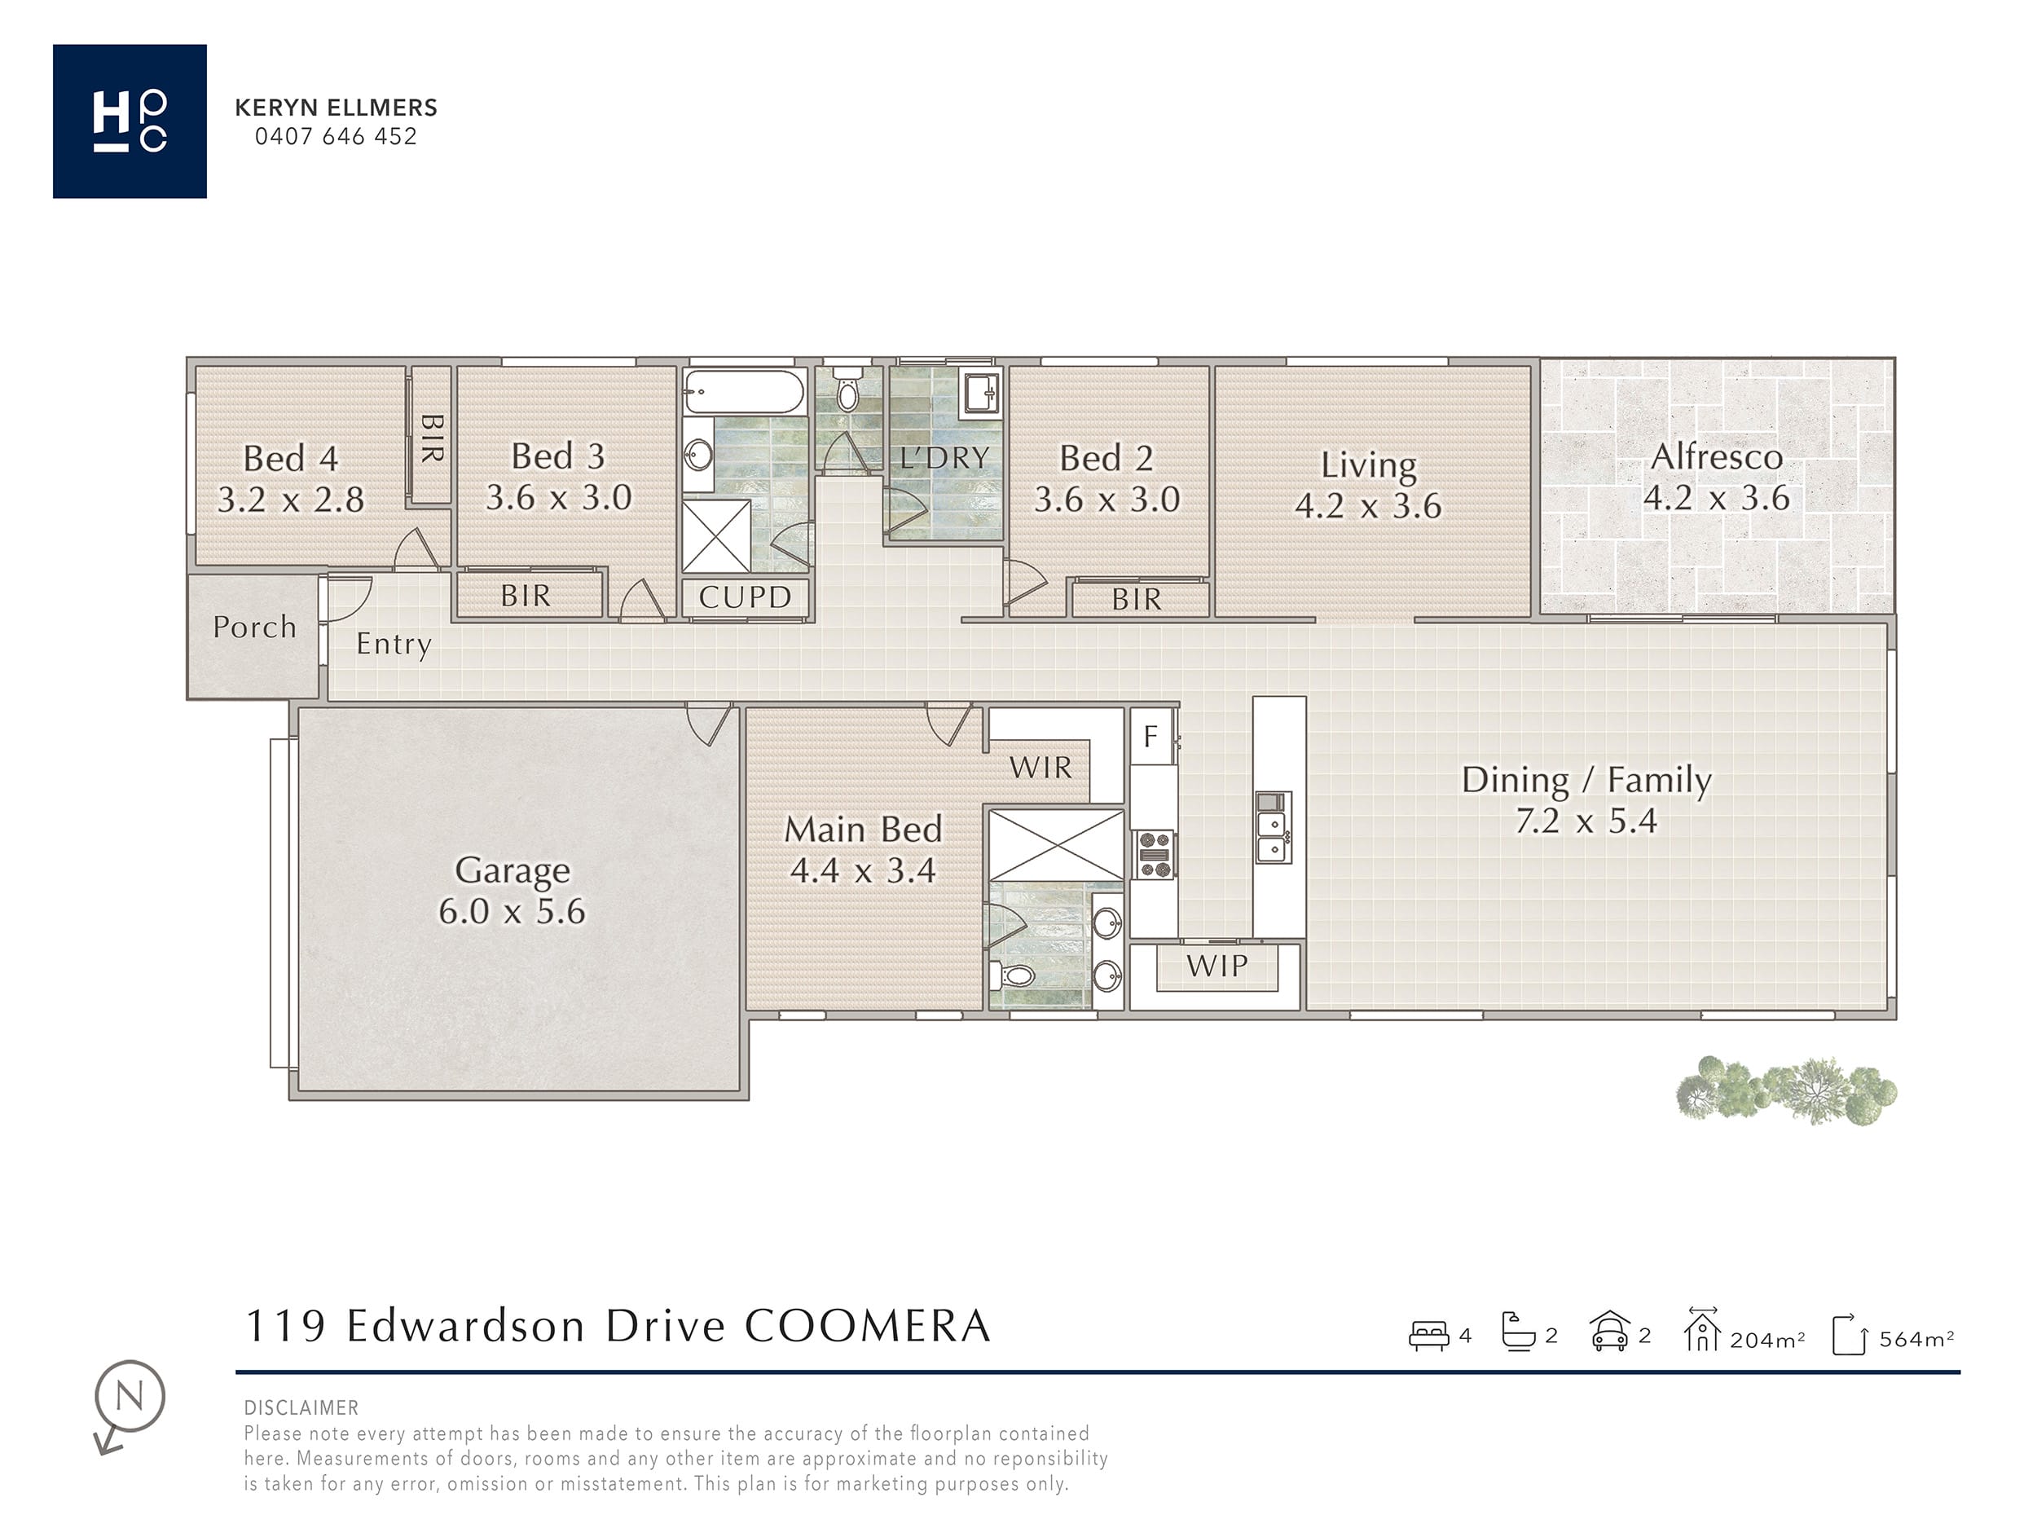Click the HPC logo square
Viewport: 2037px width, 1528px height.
point(130,121)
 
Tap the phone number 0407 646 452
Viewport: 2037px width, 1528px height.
point(337,136)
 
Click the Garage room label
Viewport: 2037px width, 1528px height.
point(512,870)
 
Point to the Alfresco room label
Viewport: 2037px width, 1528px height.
point(1717,457)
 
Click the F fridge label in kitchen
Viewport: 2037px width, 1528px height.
point(1150,736)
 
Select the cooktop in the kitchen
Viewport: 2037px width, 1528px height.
point(1155,855)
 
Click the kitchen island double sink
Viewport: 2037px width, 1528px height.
point(1273,827)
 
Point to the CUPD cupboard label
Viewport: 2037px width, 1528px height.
point(745,597)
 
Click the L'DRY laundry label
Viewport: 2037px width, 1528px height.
point(944,458)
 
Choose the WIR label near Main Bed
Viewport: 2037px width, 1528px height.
point(1040,767)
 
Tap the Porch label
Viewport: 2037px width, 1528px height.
point(255,627)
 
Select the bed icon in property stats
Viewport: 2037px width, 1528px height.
point(1429,1336)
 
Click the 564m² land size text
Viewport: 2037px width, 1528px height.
point(1916,1338)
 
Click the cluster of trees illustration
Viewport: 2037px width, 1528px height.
point(1785,1091)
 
